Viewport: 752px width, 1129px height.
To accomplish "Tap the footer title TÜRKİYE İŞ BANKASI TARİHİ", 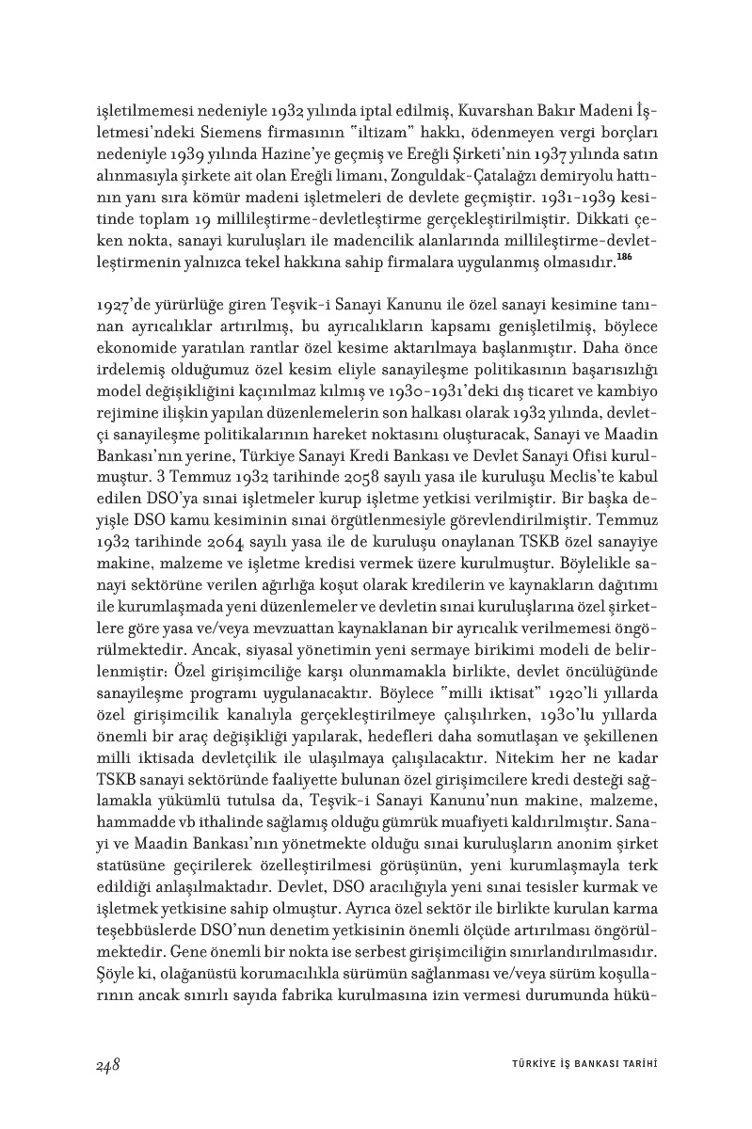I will point(577,1065).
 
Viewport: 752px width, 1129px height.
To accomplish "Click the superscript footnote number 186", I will point(623,259).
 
